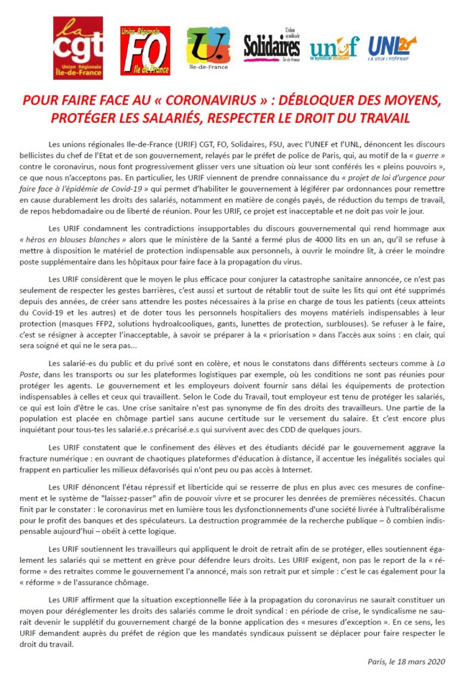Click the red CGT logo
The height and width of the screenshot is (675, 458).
point(78,47)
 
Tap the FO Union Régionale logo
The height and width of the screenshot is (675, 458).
point(145,50)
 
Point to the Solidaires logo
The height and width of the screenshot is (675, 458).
point(272,46)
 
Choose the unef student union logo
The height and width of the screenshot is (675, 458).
point(334,48)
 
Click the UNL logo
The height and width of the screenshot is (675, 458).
point(392,47)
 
